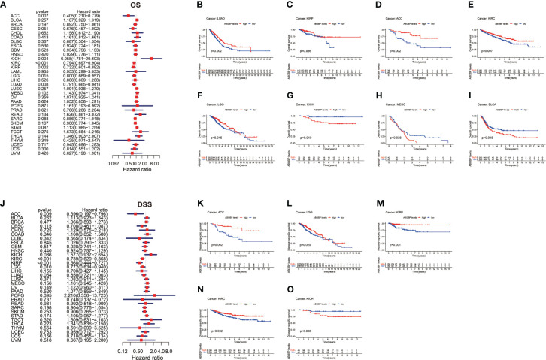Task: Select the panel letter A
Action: coord(5,5)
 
